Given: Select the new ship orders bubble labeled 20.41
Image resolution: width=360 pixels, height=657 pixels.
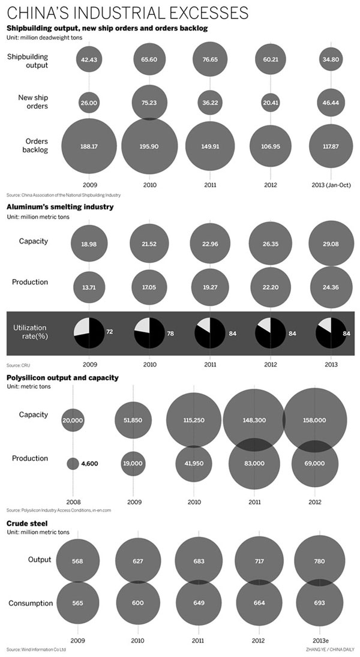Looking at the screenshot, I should pyautogui.click(x=268, y=103).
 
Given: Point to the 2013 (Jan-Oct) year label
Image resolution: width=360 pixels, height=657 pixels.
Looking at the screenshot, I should pyautogui.click(x=329, y=185).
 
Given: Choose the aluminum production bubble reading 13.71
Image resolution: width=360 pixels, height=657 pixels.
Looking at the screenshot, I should pyautogui.click(x=89, y=286).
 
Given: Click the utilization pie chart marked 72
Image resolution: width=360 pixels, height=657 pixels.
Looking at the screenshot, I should pyautogui.click(x=89, y=331).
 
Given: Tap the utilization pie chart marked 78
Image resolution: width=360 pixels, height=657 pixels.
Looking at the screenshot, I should pyautogui.click(x=149, y=331).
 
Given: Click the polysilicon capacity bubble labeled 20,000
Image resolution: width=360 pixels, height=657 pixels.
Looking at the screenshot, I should pyautogui.click(x=73, y=421).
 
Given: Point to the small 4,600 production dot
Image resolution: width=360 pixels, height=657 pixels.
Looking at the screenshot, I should pyautogui.click(x=73, y=463).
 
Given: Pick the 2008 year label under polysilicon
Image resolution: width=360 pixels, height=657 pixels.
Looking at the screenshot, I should pyautogui.click(x=73, y=502).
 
